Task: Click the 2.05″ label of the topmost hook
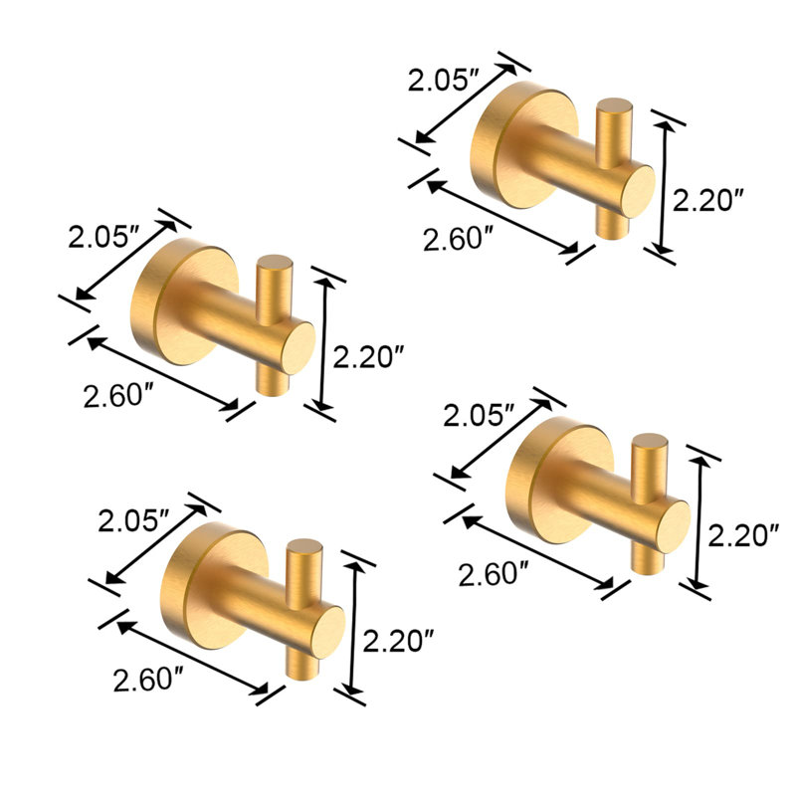tap(444, 80)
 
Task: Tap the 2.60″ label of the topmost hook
tap(459, 239)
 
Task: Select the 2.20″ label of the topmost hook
tap(708, 200)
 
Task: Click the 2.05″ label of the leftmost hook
tap(103, 236)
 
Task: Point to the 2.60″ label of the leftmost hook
tap(118, 395)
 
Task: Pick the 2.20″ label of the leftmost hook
tap(368, 356)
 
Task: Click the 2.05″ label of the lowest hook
tap(133, 520)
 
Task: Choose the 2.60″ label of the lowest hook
tap(148, 680)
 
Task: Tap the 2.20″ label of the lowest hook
tap(399, 640)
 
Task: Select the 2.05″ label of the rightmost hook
tap(480, 415)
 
